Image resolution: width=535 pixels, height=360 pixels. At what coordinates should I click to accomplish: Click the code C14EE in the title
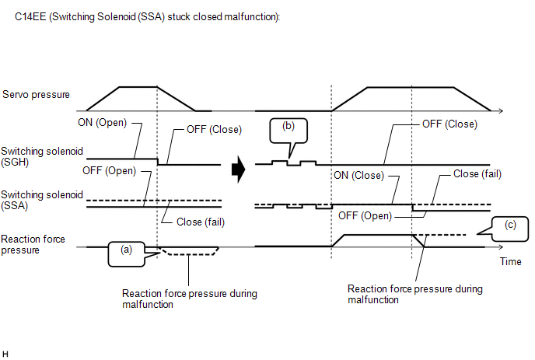coord(30,17)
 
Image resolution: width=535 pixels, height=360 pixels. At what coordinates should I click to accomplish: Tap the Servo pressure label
coord(36,95)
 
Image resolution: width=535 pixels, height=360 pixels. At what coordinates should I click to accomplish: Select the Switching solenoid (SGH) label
coord(42,156)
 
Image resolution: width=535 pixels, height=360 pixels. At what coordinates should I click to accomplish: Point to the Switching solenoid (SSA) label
coord(42,201)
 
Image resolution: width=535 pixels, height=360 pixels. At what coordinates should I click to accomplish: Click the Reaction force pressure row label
coord(33,244)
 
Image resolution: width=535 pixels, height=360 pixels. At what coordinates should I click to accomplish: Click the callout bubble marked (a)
coord(127,254)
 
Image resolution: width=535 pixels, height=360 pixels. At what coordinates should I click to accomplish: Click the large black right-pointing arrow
coord(239,170)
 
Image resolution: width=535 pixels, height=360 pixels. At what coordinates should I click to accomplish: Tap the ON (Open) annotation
coord(102,123)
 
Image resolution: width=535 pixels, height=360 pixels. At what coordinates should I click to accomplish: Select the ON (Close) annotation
coord(358,176)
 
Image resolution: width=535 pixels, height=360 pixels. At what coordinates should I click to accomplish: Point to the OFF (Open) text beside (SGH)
coord(109,170)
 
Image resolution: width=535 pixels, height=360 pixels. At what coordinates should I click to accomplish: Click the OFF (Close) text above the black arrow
coord(214,130)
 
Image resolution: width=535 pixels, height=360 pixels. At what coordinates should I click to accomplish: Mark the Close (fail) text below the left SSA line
coord(201,222)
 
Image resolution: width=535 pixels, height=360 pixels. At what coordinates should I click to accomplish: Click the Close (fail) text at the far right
coord(477,174)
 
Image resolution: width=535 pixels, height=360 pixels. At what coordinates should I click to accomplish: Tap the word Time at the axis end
coord(510,262)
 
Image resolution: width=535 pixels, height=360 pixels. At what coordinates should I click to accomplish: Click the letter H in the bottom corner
coord(5,355)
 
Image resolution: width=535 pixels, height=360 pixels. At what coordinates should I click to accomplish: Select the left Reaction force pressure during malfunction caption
coord(190,299)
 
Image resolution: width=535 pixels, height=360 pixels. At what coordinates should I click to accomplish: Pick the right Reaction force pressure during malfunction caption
coord(415,294)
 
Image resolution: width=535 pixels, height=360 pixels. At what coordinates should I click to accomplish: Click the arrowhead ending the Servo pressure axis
coord(501,111)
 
